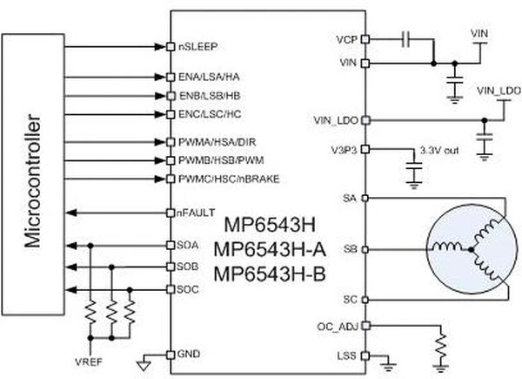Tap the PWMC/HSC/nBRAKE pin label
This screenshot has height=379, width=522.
click(221, 179)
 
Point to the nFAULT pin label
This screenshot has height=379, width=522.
click(196, 213)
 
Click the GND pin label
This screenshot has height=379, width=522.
click(189, 355)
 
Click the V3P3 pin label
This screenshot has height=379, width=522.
click(344, 148)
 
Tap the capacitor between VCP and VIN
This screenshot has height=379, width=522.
click(405, 39)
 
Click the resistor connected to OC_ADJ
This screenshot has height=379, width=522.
click(443, 346)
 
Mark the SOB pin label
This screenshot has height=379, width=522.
click(189, 266)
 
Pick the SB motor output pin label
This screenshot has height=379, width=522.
click(350, 249)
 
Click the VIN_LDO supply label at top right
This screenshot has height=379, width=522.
click(497, 90)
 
